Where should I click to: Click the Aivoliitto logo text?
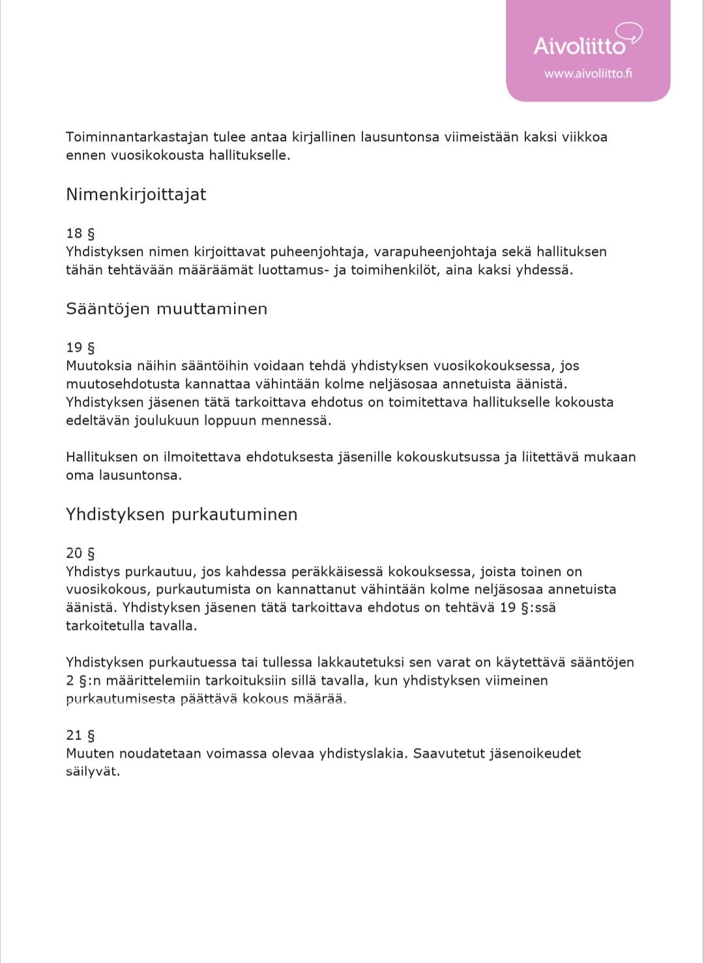[579, 46]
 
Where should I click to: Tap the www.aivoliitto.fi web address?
[588, 74]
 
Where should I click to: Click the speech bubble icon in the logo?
[629, 32]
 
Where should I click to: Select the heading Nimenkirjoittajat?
[136, 195]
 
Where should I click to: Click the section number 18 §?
[80, 233]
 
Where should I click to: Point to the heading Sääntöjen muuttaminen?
[166, 309]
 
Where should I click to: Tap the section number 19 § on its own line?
[80, 347]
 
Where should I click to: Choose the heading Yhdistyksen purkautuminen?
[181, 515]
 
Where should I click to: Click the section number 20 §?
[80, 553]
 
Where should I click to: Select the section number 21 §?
[80, 735]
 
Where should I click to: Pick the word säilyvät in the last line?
[93, 771]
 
